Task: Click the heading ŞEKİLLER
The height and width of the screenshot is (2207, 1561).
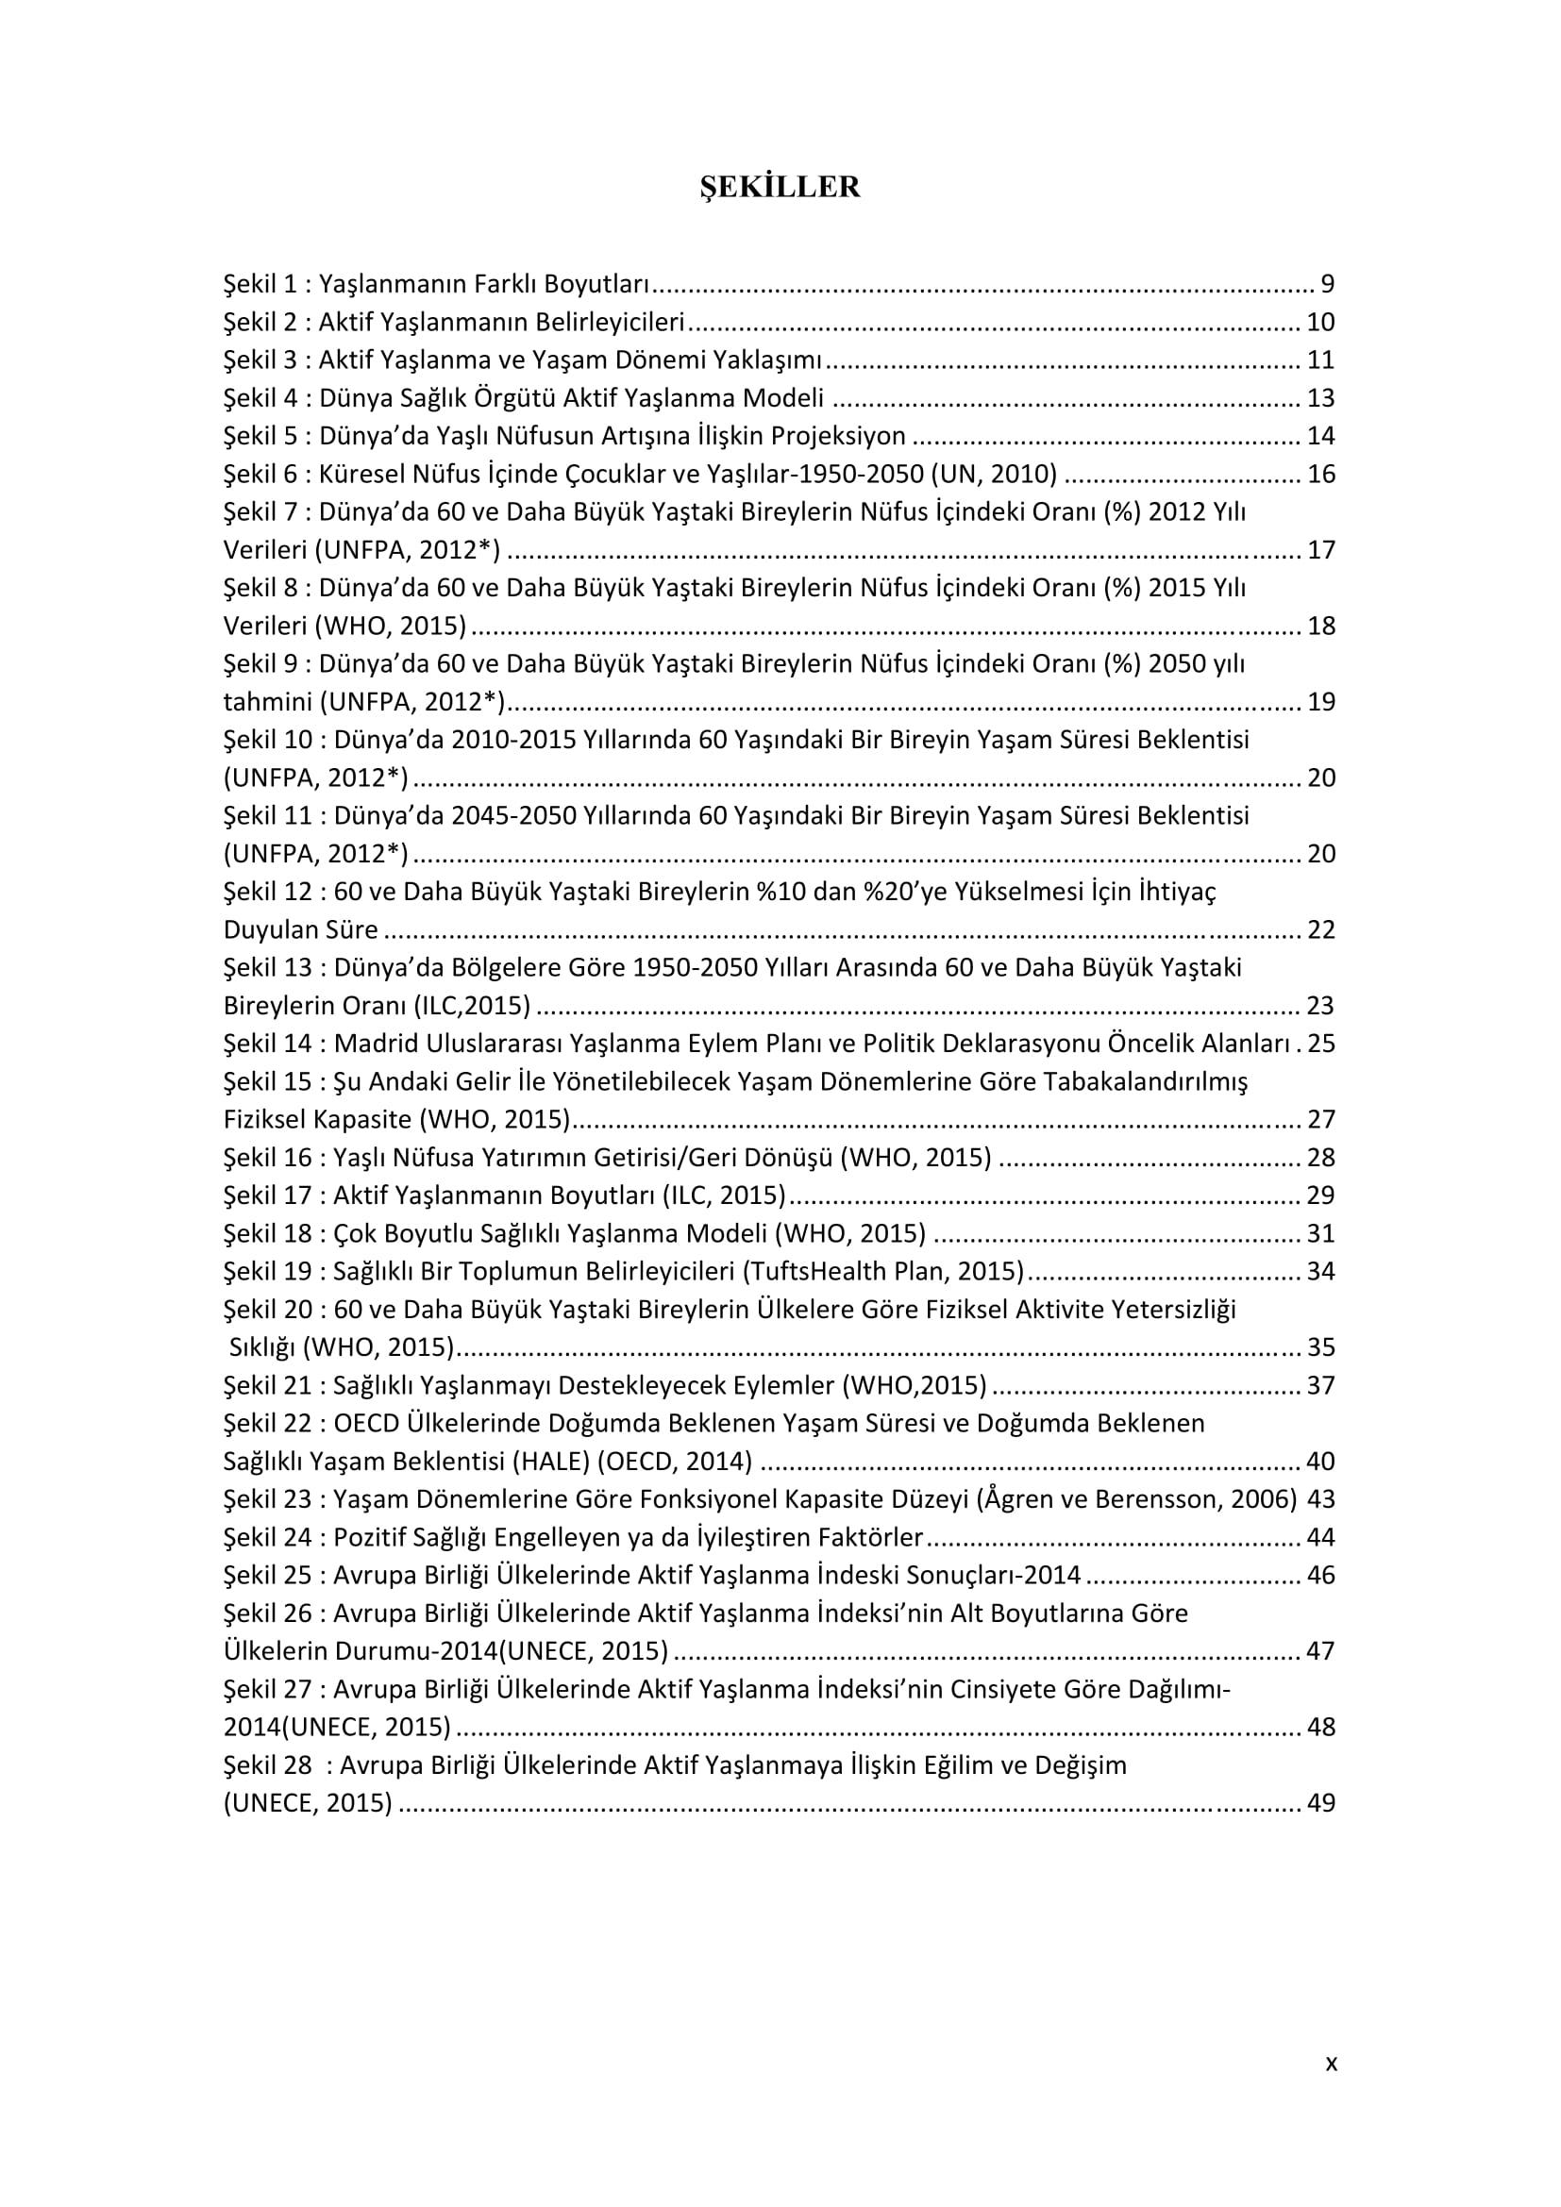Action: coord(780,187)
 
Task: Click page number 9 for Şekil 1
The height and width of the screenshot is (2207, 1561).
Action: coord(1328,284)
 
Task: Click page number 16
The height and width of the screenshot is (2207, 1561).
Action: coord(1320,474)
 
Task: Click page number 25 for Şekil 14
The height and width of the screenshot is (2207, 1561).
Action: coord(1320,1044)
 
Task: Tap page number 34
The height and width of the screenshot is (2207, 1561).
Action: coord(1320,1272)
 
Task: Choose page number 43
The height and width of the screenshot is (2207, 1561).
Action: coord(1320,1499)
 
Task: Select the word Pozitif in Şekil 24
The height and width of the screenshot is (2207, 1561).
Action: coord(366,1537)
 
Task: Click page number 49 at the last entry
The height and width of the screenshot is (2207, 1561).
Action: coord(1320,1803)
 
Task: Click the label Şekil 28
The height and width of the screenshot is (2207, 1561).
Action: coord(268,1765)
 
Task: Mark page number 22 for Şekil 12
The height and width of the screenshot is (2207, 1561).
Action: coord(1320,929)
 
